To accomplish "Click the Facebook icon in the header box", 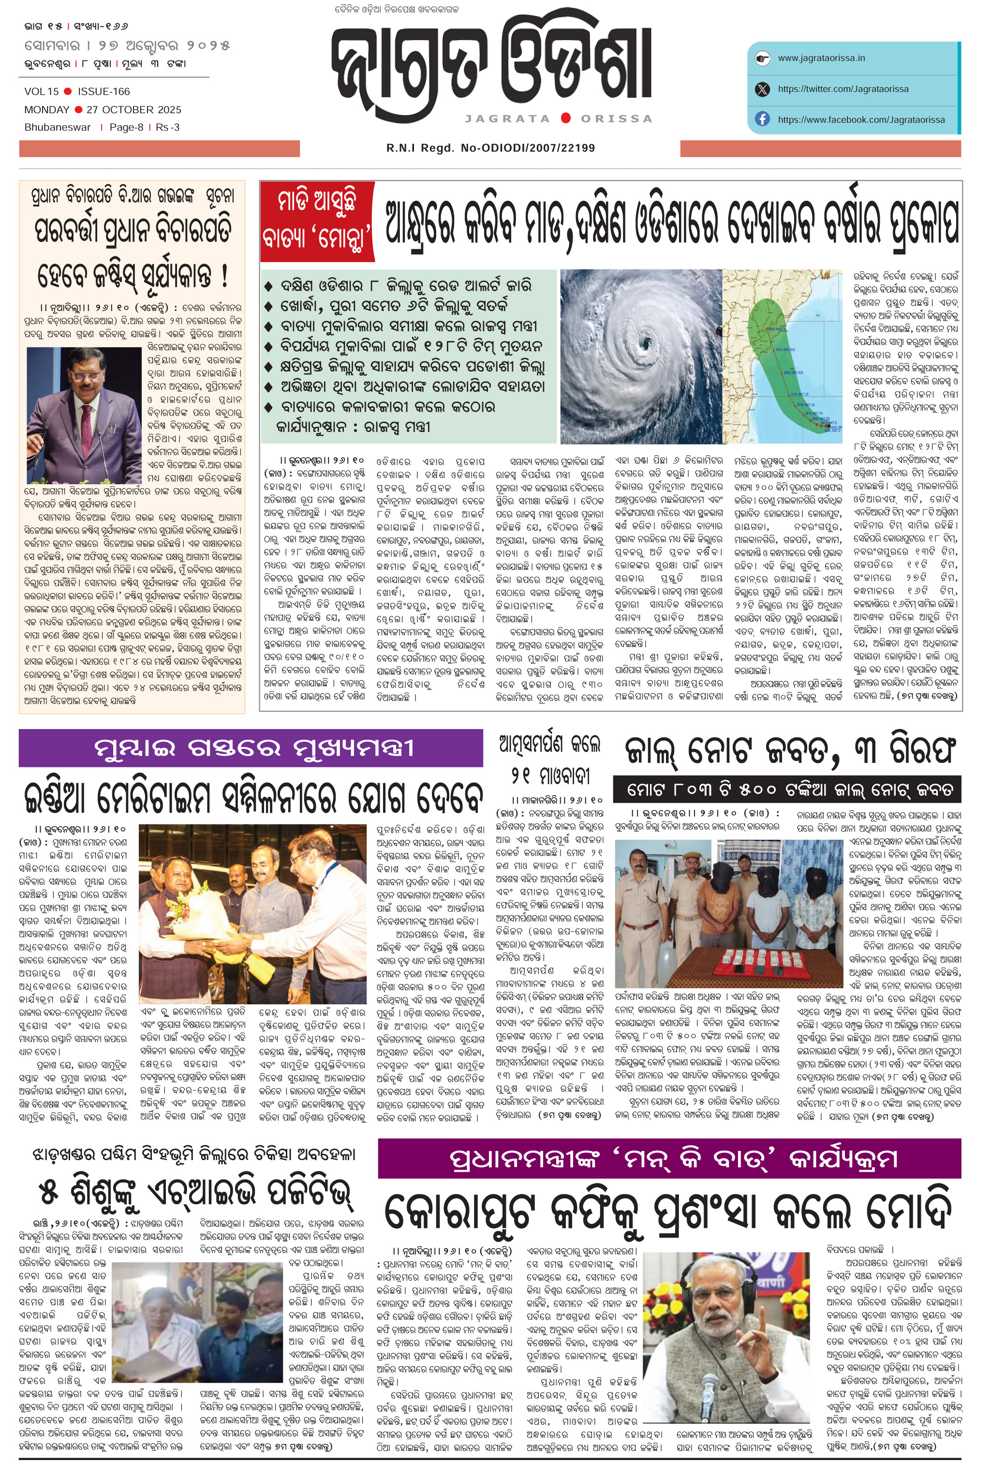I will [762, 119].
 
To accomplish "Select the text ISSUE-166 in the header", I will [104, 91].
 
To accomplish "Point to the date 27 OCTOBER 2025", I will [133, 109].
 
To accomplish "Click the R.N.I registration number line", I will [490, 148].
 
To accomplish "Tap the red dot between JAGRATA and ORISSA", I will [565, 118].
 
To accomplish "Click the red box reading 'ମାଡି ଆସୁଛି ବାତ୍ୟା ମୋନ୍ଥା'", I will [317, 221].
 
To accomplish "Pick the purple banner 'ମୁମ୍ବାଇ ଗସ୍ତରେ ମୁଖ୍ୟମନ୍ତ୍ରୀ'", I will [251, 748].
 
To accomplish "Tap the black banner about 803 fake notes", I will [786, 789].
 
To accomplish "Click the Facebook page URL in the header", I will [860, 119].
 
